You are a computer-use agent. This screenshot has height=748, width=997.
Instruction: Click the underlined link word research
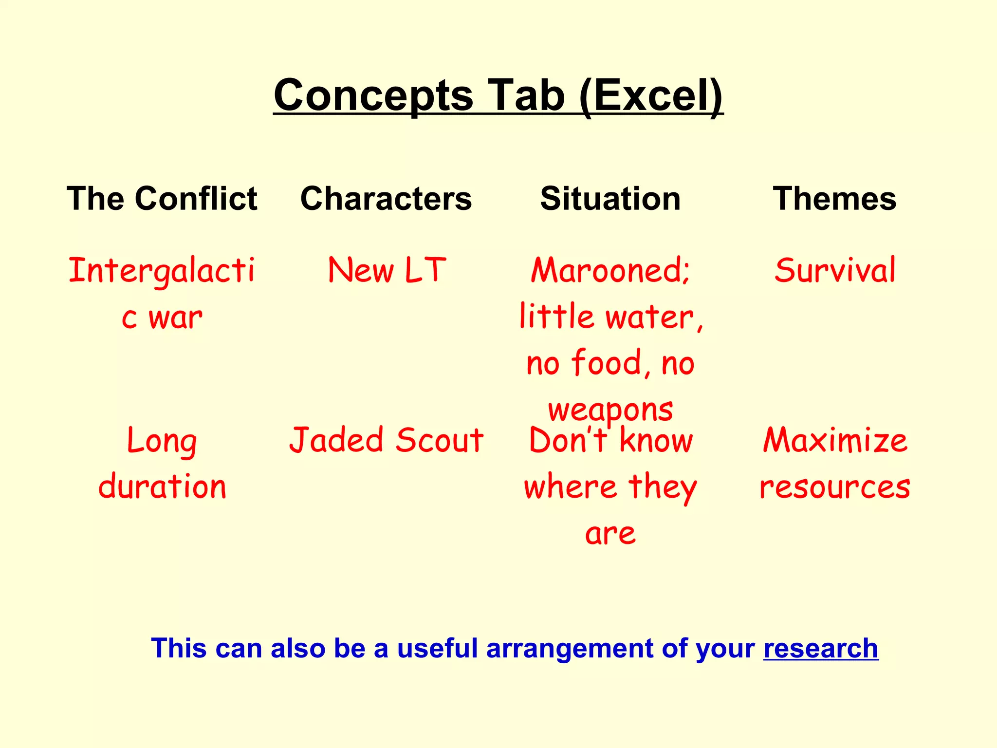coord(821,649)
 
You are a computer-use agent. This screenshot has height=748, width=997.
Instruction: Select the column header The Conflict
coord(162,199)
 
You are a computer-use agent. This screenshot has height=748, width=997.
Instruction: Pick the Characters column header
coord(386,199)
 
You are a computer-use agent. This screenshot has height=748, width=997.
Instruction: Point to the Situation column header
coord(610,199)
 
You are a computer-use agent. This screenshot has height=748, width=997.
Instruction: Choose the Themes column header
coord(834,199)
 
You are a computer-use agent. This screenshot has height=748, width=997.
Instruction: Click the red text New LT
coord(387,270)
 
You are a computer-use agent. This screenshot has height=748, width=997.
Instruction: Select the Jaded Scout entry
coord(386,440)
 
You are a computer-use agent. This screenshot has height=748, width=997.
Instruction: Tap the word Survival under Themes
coord(834,270)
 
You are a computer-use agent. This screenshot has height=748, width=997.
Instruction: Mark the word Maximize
coord(834,440)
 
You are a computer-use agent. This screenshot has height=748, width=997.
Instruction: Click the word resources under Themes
coord(834,487)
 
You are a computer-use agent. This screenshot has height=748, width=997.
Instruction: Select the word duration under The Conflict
coord(162,487)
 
